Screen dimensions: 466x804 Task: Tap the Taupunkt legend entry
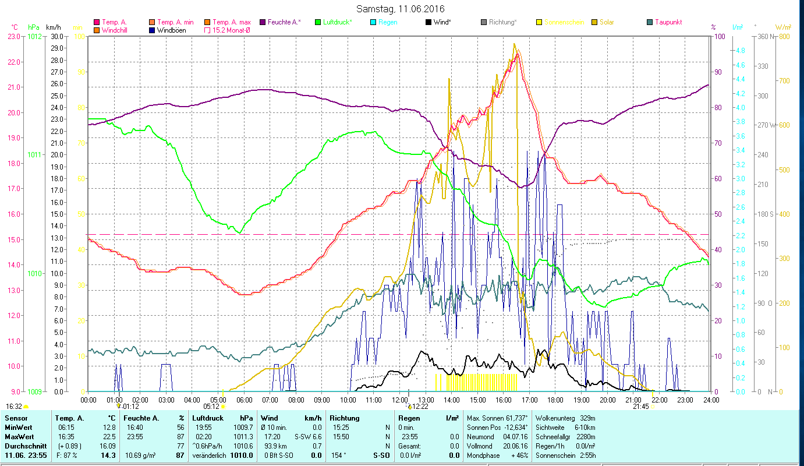tap(668, 22)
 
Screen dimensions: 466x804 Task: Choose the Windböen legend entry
tap(171, 30)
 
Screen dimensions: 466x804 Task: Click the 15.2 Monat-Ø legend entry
tap(231, 30)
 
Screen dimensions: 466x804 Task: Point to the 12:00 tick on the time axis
tap(400, 400)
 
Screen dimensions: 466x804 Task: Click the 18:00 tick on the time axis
tap(555, 400)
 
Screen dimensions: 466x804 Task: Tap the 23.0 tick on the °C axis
tap(14, 36)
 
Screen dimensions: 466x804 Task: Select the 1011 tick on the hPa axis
tap(34, 155)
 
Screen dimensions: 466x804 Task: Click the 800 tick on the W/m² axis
tap(784, 36)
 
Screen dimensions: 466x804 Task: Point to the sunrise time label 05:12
tap(211, 407)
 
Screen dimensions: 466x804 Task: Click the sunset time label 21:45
tap(640, 407)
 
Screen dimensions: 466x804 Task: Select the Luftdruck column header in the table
tap(208, 418)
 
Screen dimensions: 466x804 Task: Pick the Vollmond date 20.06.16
tap(515, 446)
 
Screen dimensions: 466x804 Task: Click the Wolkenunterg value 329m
tap(587, 418)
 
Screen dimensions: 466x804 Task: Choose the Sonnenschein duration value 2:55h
tap(587, 455)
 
